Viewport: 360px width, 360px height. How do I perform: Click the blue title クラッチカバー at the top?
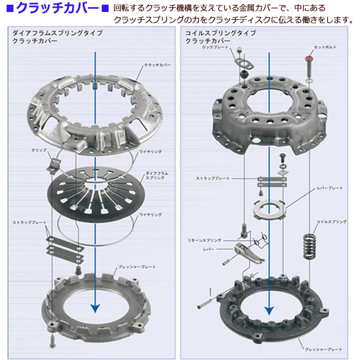click(x=58, y=8)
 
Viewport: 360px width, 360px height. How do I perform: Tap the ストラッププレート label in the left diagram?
click(x=29, y=223)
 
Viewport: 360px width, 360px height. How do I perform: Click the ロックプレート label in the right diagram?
click(x=215, y=46)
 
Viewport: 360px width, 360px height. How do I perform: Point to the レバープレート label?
click(x=329, y=188)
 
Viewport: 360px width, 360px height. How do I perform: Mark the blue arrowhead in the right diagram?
click(x=269, y=310)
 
